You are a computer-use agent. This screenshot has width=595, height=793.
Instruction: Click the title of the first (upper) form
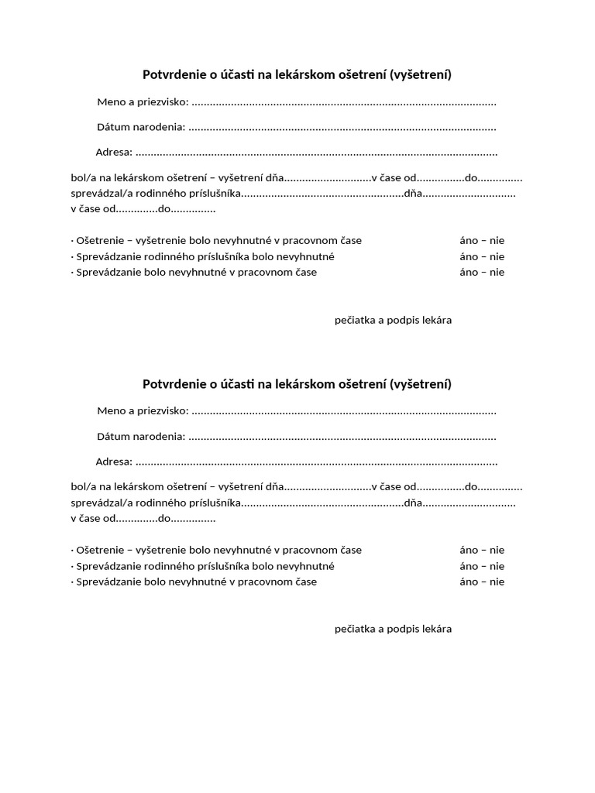(297, 75)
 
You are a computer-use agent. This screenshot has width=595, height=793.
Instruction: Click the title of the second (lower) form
(297, 384)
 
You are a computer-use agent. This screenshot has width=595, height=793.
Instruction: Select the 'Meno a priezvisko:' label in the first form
(143, 102)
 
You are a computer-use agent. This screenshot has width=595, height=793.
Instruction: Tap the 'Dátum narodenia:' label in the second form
(141, 437)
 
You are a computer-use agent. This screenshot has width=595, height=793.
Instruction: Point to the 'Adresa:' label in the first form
(114, 153)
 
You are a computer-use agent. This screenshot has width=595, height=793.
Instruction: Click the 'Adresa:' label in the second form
(114, 462)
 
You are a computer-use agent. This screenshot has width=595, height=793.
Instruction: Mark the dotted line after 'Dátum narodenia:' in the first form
(342, 128)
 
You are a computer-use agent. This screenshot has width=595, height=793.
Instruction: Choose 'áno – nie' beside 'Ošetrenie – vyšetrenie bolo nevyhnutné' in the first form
(481, 241)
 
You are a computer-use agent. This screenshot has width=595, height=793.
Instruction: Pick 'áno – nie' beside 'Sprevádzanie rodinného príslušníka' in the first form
(481, 256)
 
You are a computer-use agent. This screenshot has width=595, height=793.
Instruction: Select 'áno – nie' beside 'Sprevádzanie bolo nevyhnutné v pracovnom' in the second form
(481, 582)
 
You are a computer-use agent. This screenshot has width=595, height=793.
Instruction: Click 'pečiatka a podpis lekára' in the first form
(393, 320)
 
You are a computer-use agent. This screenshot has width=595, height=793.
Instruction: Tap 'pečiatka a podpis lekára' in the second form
(393, 629)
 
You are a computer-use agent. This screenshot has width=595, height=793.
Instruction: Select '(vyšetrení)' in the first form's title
(421, 75)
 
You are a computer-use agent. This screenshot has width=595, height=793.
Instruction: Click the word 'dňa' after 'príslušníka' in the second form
(414, 503)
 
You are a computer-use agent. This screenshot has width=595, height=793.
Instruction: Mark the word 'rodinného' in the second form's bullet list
(158, 566)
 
